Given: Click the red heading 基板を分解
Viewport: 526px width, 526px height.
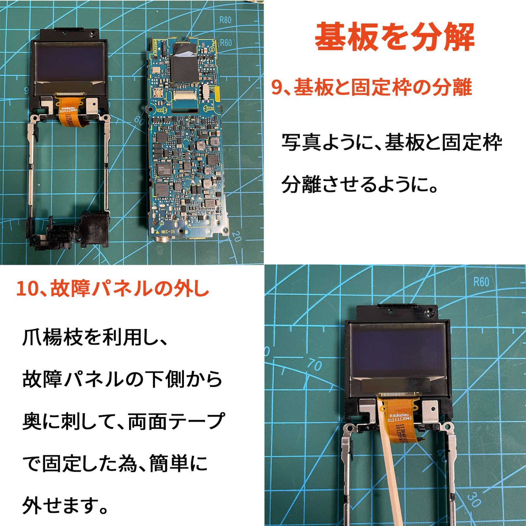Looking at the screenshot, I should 394,37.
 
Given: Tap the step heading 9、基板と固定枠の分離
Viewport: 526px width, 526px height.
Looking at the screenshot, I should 371,88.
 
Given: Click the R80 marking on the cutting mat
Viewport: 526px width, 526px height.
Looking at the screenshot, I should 225,20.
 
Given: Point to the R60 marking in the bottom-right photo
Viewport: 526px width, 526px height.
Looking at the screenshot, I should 481,282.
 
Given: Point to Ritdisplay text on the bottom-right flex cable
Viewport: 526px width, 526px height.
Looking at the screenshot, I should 399,416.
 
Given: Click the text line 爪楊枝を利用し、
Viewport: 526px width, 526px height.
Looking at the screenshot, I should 95,338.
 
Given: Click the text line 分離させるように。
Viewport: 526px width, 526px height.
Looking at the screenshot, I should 360,184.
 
